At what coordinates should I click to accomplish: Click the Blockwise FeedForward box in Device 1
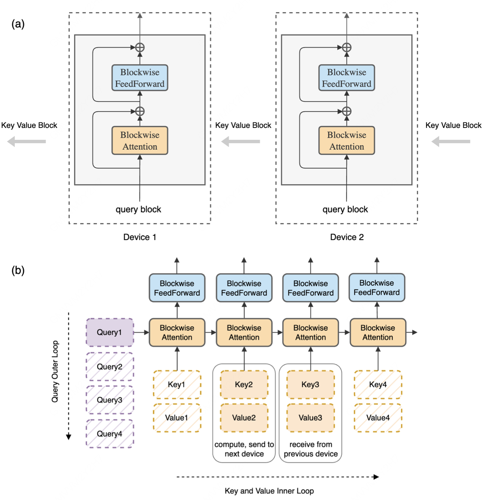[x=140, y=77]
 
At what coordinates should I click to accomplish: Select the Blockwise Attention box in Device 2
[x=347, y=140]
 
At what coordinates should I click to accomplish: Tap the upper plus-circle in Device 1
[x=140, y=48]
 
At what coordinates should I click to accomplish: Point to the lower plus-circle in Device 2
[x=347, y=111]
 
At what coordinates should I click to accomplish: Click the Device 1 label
[x=140, y=237]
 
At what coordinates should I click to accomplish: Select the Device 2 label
[x=347, y=237]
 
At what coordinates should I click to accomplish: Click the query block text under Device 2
[x=345, y=209]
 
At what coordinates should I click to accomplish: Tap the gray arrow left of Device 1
[x=27, y=142]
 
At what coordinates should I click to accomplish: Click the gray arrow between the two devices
[x=240, y=142]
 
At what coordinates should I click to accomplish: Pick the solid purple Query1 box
[x=110, y=332]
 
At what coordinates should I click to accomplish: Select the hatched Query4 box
[x=110, y=434]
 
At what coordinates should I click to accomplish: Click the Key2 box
[x=244, y=385]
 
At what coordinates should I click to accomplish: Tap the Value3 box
[x=310, y=418]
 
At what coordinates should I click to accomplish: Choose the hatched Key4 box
[x=378, y=385]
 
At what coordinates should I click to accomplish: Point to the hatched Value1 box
[x=177, y=418]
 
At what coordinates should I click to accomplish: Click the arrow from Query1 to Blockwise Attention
[x=142, y=332]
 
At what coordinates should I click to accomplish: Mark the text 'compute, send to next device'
[x=244, y=449]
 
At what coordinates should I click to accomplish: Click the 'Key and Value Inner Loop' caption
[x=269, y=491]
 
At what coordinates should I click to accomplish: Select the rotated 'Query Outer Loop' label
[x=55, y=372]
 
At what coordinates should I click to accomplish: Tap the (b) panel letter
[x=18, y=270]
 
